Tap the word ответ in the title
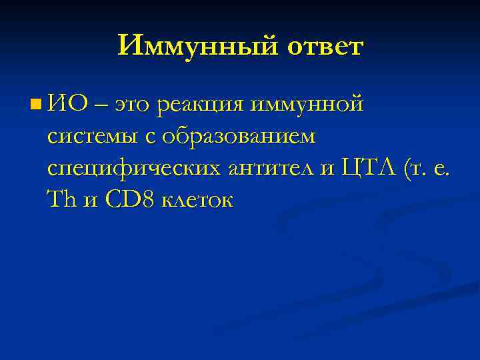click(325, 46)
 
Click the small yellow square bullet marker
click(35, 103)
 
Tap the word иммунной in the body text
click(307, 105)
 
